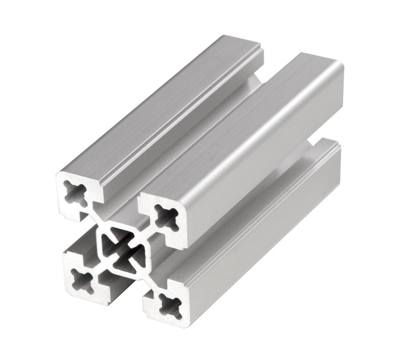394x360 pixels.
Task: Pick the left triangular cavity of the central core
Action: coord(108,247)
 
